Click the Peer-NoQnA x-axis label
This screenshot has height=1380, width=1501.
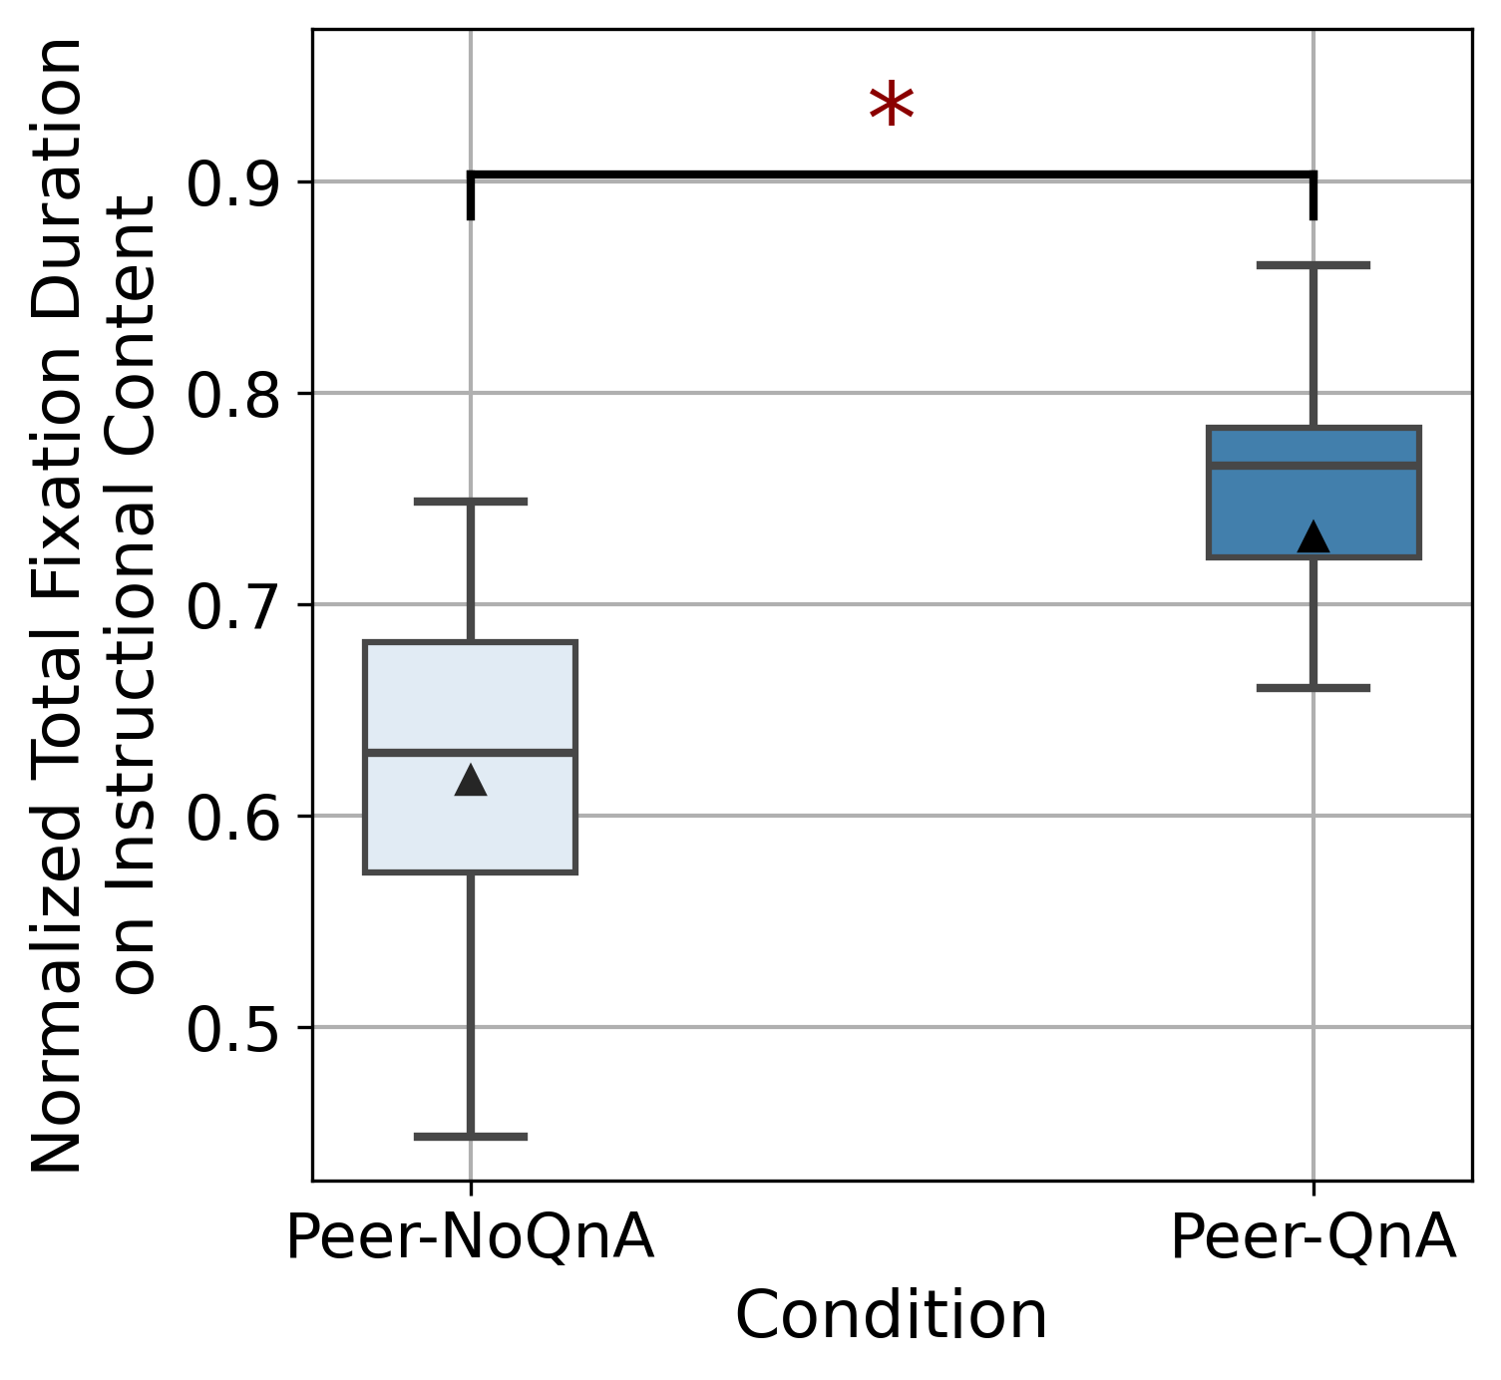point(470,1238)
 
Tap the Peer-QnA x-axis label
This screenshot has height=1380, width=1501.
point(1313,1238)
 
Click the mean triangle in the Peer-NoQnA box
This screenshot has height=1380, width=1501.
point(471,781)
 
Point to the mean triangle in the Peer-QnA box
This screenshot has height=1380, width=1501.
point(1313,537)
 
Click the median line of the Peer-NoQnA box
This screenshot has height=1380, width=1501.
point(471,752)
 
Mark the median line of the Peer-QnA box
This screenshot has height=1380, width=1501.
point(1313,466)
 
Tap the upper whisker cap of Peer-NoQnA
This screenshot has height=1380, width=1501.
point(471,502)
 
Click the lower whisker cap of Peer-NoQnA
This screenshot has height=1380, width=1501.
point(471,1136)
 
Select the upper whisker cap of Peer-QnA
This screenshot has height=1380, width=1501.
point(1313,265)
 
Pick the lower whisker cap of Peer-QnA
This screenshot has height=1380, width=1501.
point(1313,688)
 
